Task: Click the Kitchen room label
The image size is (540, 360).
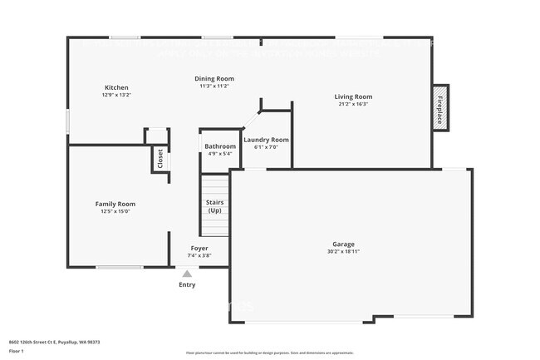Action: point(116,87)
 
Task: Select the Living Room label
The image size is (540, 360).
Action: point(353,96)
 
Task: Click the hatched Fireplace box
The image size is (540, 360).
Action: point(439,107)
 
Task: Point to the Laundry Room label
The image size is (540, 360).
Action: point(266,140)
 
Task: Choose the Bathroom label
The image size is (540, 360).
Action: point(220,146)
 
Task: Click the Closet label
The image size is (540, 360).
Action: point(160,159)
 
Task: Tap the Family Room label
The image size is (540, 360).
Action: point(115,204)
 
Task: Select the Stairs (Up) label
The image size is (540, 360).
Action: point(214,206)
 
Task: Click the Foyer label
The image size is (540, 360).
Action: point(199,248)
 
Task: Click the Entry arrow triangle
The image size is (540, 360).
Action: point(187,274)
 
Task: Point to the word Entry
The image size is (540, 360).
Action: point(187,285)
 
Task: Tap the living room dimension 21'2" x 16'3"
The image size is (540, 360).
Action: point(353,105)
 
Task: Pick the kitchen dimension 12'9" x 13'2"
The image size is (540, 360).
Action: point(116,96)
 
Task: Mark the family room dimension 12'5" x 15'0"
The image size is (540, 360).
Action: point(115,211)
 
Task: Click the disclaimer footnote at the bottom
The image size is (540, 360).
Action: point(269,353)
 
